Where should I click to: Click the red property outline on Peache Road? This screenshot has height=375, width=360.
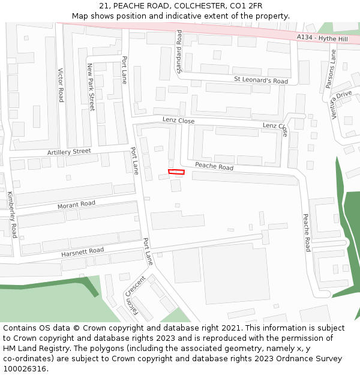[176, 172]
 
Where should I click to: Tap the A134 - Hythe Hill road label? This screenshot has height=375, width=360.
[321, 37]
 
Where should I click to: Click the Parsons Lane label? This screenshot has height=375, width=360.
[331, 69]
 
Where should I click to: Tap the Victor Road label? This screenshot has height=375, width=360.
[61, 85]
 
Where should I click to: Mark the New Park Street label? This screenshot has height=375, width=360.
[91, 87]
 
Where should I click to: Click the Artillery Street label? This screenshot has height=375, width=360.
[69, 152]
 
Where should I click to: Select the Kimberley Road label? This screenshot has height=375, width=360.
[13, 214]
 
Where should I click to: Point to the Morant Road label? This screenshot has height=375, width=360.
[76, 205]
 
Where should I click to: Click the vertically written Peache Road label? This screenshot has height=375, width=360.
[307, 232]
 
